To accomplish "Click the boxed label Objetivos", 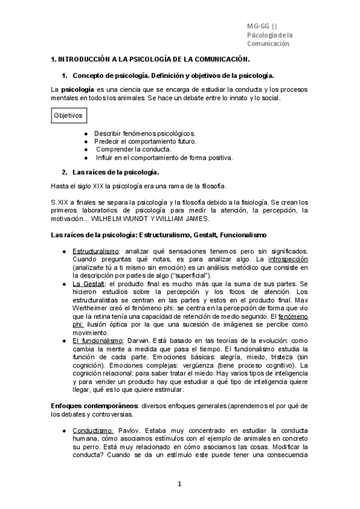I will pos(67,115).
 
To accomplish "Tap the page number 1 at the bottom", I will pos(179,484).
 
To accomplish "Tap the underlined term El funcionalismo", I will pos(98,340).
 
